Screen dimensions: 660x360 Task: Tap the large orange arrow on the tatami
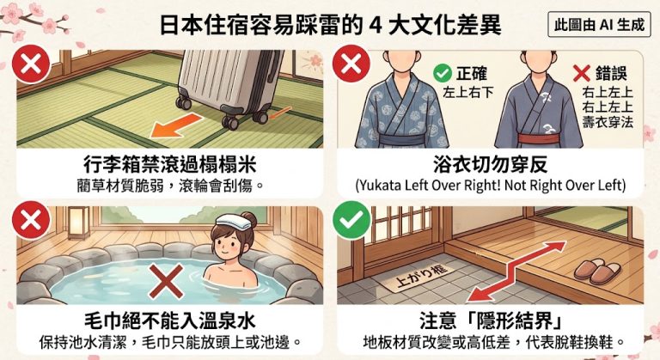[176, 125]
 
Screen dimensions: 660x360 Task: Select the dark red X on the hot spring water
[166, 281]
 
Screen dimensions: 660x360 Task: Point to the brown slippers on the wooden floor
[598, 272]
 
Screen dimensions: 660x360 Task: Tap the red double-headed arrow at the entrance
[516, 272]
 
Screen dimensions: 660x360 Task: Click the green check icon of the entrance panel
[351, 220]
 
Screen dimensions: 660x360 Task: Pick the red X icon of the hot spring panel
[31, 220]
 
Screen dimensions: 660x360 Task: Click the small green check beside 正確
[443, 74]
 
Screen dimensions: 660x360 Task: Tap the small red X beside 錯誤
[581, 73]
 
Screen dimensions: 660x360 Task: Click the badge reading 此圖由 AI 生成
[599, 25]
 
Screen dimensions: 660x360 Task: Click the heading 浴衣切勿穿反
[491, 164]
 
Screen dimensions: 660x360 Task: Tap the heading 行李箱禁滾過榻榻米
[170, 164]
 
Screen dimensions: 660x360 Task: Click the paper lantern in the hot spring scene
[79, 223]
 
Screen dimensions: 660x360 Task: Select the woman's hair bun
[249, 218]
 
